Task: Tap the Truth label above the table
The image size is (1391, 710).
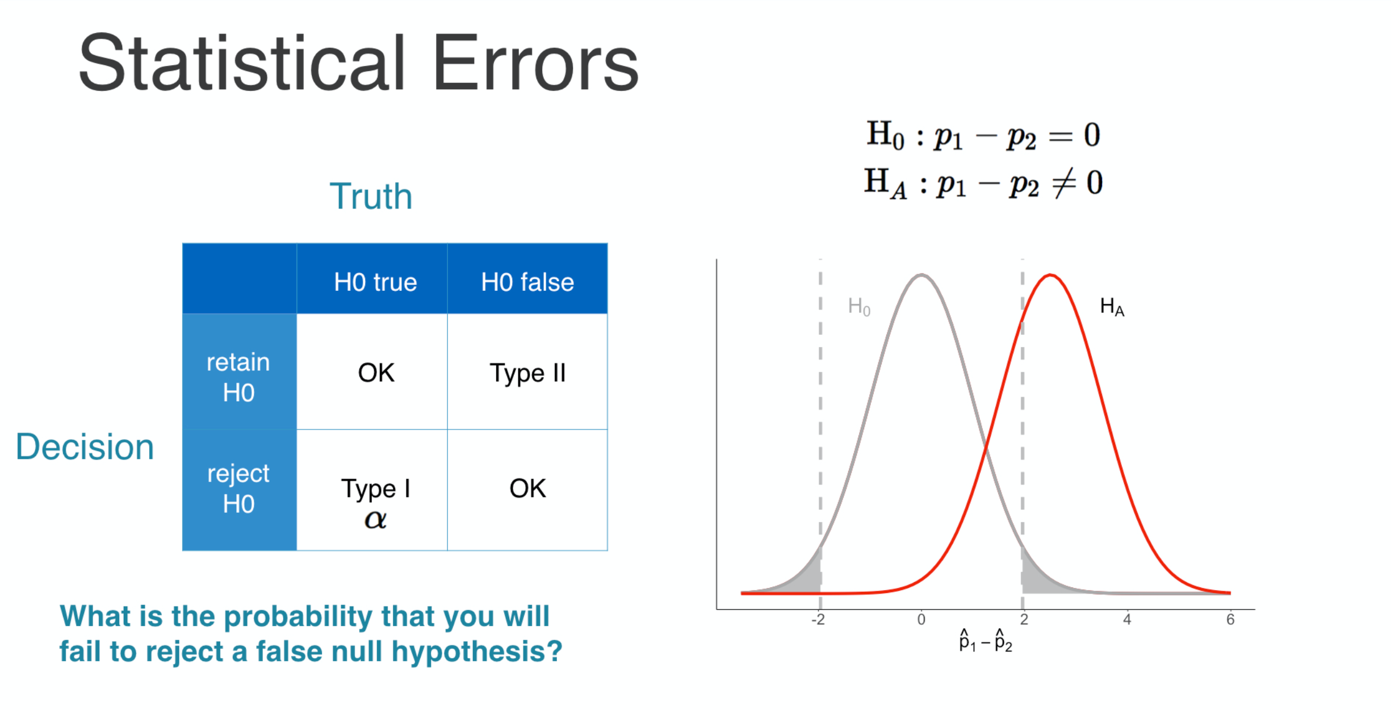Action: coord(371,197)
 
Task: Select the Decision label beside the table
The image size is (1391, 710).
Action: coord(85,447)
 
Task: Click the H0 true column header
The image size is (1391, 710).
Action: coord(375,282)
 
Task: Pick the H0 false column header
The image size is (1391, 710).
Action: coord(527,282)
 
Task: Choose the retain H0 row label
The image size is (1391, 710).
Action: coord(238,377)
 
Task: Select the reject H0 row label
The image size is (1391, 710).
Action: coord(238,488)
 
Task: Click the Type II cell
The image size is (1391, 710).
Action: coord(528,374)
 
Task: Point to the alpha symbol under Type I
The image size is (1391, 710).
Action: coord(375,519)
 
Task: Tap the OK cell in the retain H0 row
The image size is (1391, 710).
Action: coord(376,373)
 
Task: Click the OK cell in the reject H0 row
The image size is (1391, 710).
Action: coord(527,488)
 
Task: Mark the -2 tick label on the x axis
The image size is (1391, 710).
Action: coord(818,620)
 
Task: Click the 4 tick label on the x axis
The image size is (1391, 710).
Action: coord(1127,620)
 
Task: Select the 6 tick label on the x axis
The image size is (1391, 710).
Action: coord(1230,620)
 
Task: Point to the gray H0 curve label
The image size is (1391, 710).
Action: coord(859,307)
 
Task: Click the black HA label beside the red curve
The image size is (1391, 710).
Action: coord(1112,307)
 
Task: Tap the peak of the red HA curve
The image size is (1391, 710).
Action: coord(1051,275)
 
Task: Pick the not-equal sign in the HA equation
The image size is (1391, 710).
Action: coord(1063,183)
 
